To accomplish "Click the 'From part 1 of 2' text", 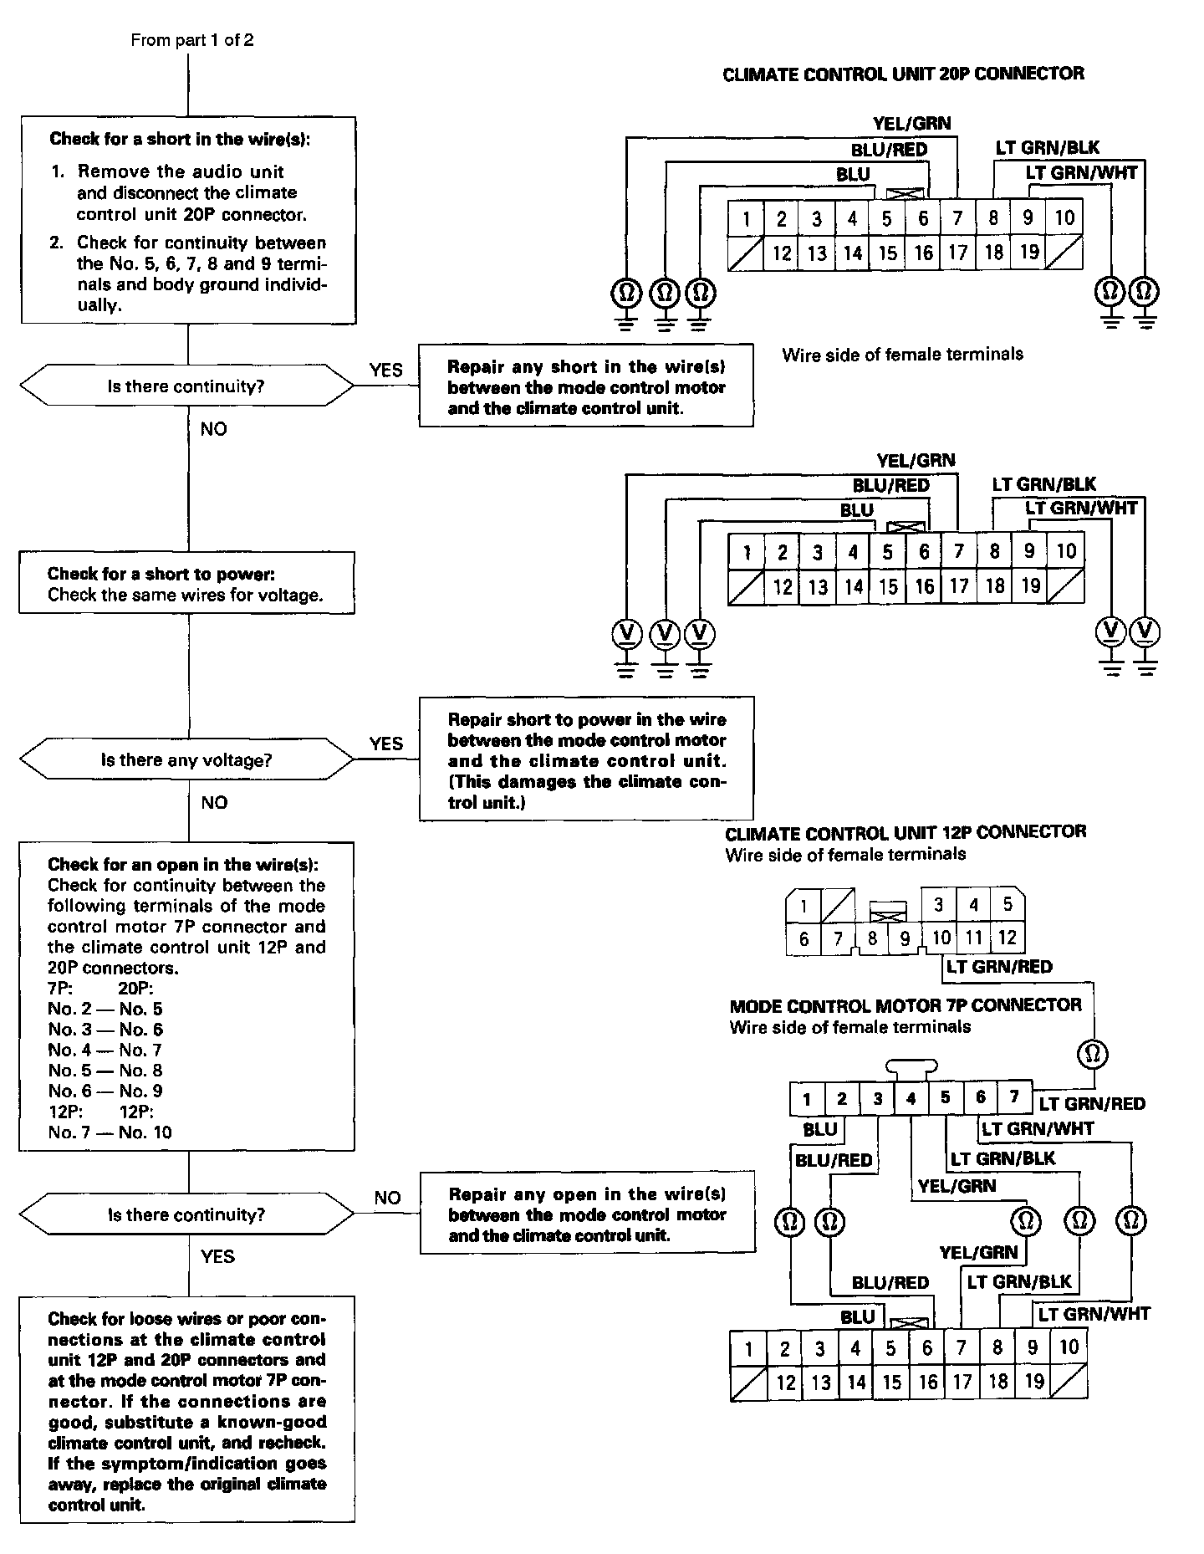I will [192, 40].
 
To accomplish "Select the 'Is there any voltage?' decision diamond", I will [186, 760].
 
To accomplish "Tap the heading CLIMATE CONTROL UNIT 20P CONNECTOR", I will [903, 74].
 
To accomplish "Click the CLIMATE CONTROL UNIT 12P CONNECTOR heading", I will [906, 832].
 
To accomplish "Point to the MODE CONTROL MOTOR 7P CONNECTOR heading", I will [906, 1004].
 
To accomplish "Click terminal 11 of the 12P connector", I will [973, 938].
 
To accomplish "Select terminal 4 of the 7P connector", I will [911, 1098].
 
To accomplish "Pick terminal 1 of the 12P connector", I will [804, 905].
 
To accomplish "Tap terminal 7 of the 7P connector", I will [1014, 1097].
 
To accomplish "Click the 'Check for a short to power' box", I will [186, 583].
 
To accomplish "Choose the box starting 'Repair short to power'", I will [586, 759].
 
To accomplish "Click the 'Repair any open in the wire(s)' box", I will [587, 1214].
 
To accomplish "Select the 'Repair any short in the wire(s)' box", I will [586, 386].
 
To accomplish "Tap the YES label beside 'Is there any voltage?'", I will [385, 744].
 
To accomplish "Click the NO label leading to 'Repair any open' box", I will [387, 1198].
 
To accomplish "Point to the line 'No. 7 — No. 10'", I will [110, 1132].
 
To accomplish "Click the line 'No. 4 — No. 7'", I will [105, 1050].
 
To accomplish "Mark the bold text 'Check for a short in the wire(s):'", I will [180, 139].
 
